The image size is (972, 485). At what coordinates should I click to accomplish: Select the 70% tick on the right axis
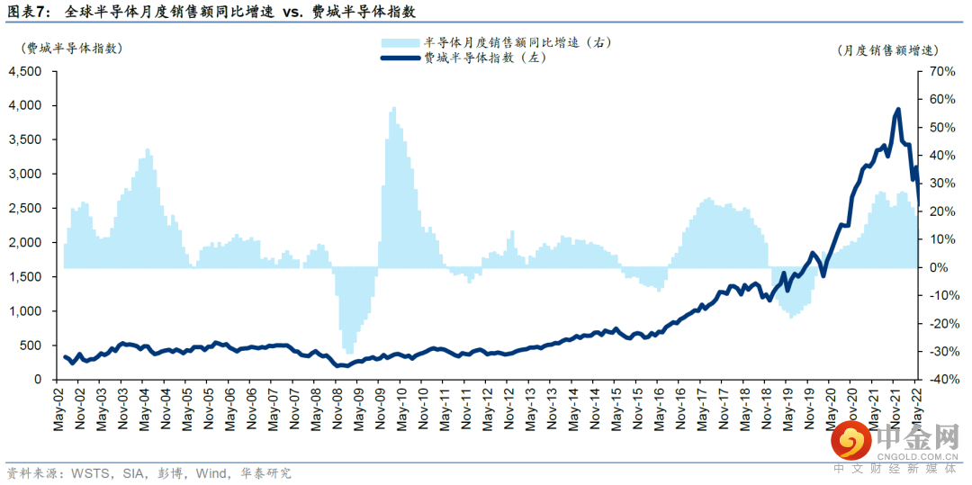pyautogui.click(x=940, y=71)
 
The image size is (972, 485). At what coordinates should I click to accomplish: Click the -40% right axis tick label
pyautogui.click(x=939, y=380)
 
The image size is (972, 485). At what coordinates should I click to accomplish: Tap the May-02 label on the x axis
pyautogui.click(x=59, y=410)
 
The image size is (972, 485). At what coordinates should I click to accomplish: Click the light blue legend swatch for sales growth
pyautogui.click(x=400, y=42)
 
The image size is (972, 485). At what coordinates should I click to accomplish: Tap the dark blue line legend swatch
pyautogui.click(x=400, y=58)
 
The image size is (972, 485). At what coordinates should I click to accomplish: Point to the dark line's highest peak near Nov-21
pyautogui.click(x=897, y=110)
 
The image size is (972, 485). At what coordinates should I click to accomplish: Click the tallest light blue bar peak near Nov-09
pyautogui.click(x=393, y=109)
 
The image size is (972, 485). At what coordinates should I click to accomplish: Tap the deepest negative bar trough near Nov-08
pyautogui.click(x=347, y=353)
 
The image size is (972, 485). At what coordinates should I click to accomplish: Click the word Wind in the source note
pyautogui.click(x=211, y=472)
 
